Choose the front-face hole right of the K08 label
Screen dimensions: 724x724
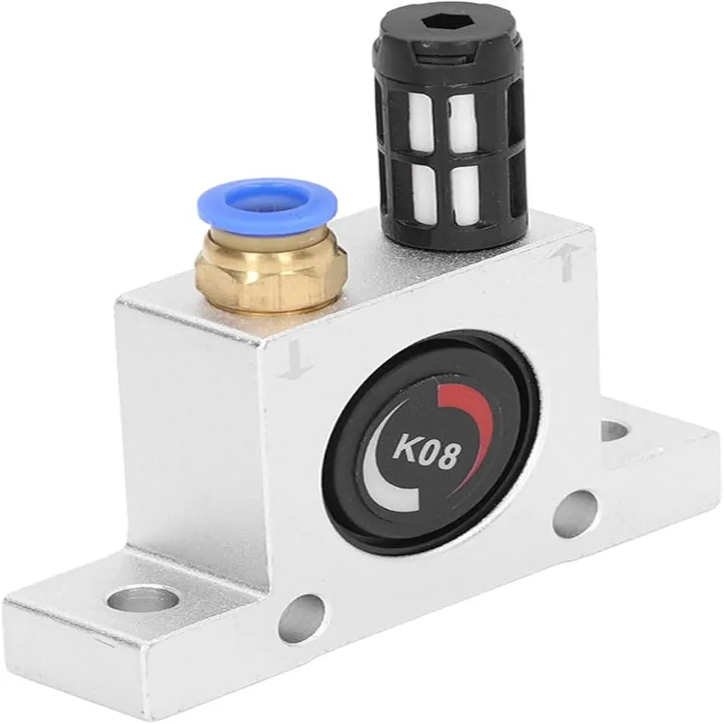tap(576, 513)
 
